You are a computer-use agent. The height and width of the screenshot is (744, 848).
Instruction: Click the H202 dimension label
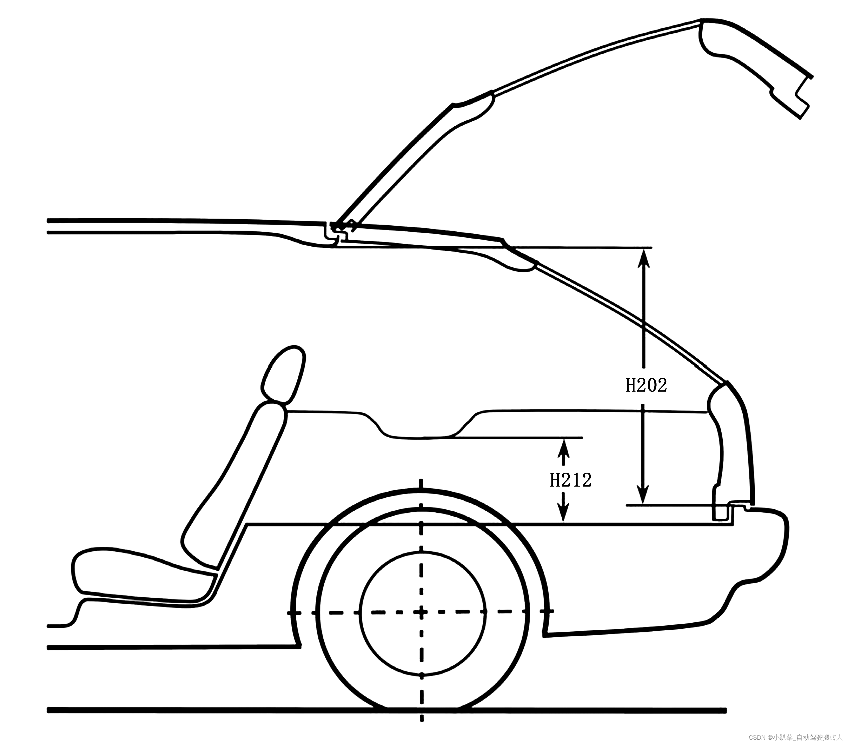pos(646,385)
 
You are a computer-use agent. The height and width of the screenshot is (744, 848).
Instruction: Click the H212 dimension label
pos(570,480)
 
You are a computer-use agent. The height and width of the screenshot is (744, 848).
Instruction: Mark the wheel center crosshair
pos(422,612)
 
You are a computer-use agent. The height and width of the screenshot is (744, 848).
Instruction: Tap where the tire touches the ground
pos(422,710)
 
